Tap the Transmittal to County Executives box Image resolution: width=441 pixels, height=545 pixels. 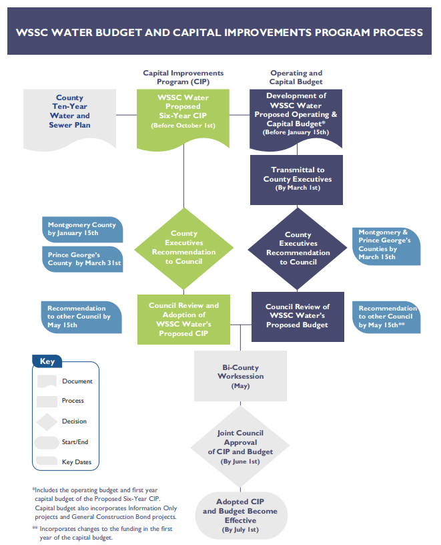tap(297, 179)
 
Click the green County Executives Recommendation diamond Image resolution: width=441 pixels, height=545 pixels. tap(183, 248)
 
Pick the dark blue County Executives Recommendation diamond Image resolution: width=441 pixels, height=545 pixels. tap(298, 248)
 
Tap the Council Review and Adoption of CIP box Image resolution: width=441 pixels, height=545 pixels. tap(183, 319)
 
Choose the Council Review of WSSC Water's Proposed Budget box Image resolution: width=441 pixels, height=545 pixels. tap(298, 316)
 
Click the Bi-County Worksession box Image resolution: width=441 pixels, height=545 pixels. tap(240, 376)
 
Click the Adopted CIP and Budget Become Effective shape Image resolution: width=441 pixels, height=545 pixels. tap(240, 515)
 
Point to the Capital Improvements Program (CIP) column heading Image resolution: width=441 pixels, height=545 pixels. tap(183, 77)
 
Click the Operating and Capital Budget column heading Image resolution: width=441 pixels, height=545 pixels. tap(296, 77)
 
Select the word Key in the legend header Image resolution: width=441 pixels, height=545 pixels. tap(47, 361)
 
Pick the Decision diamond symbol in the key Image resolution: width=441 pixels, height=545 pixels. tap(47, 421)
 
